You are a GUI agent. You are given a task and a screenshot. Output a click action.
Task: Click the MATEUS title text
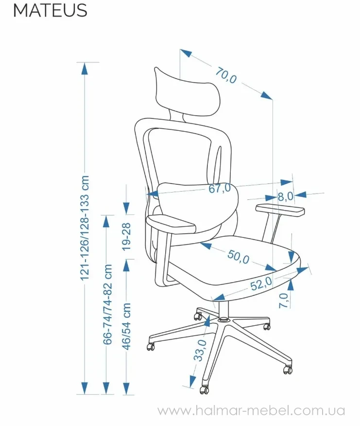point(50,10)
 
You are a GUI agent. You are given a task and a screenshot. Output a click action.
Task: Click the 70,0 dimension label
point(226,75)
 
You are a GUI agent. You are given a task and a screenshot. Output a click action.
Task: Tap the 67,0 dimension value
point(220,188)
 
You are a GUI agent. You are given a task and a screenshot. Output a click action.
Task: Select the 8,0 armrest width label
point(285,196)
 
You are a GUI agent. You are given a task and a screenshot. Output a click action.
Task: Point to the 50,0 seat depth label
point(238,257)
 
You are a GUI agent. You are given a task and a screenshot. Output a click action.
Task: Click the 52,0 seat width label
point(261,284)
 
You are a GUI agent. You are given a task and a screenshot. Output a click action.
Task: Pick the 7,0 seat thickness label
point(284,301)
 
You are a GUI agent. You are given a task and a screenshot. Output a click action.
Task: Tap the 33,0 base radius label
point(200,350)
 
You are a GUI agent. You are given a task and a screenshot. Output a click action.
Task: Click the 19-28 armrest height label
point(126,237)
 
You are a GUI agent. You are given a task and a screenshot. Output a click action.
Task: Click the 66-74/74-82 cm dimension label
point(107,304)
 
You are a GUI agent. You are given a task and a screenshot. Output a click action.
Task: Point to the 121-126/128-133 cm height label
point(85,228)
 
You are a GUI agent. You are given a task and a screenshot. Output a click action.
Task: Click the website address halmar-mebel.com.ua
point(251,410)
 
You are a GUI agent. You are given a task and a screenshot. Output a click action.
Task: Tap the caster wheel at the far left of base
point(151,347)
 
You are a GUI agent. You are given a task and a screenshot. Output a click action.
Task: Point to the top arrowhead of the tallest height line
point(85,68)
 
